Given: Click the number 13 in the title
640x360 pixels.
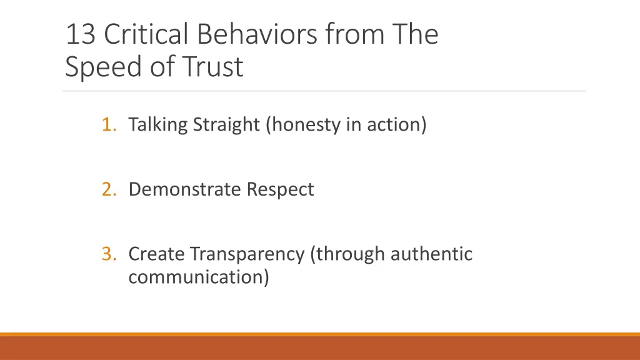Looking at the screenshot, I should point(81,35).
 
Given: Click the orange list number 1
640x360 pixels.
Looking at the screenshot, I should point(109,125).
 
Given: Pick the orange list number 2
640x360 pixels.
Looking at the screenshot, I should point(109,189).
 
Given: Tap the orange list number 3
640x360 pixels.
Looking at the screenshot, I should point(109,254).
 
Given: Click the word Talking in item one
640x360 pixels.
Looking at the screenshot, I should point(158,125).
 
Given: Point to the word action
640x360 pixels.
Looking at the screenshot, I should point(397,125).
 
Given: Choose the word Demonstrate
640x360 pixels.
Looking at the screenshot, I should point(184,189).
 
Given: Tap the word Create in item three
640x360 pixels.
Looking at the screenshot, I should point(156,254).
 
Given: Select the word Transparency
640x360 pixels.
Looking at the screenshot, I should point(247,254).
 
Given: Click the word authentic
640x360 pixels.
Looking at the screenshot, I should point(432,254).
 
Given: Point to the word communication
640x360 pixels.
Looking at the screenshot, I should point(199,276).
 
